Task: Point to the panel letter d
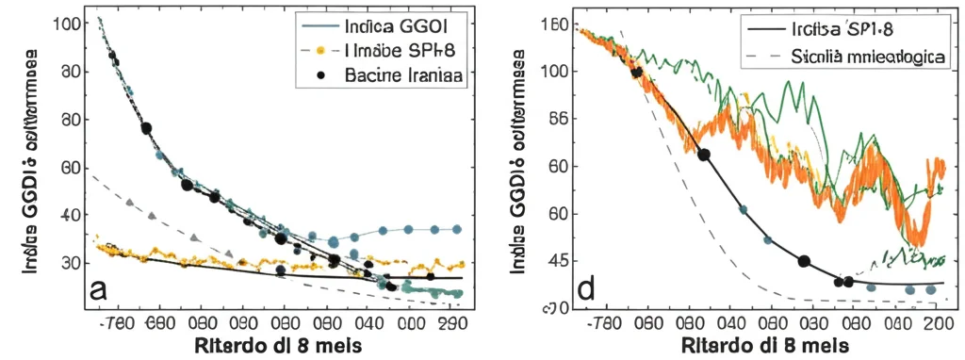[x=585, y=288]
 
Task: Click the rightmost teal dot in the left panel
[x=456, y=229]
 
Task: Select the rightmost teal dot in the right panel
[x=930, y=290]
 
